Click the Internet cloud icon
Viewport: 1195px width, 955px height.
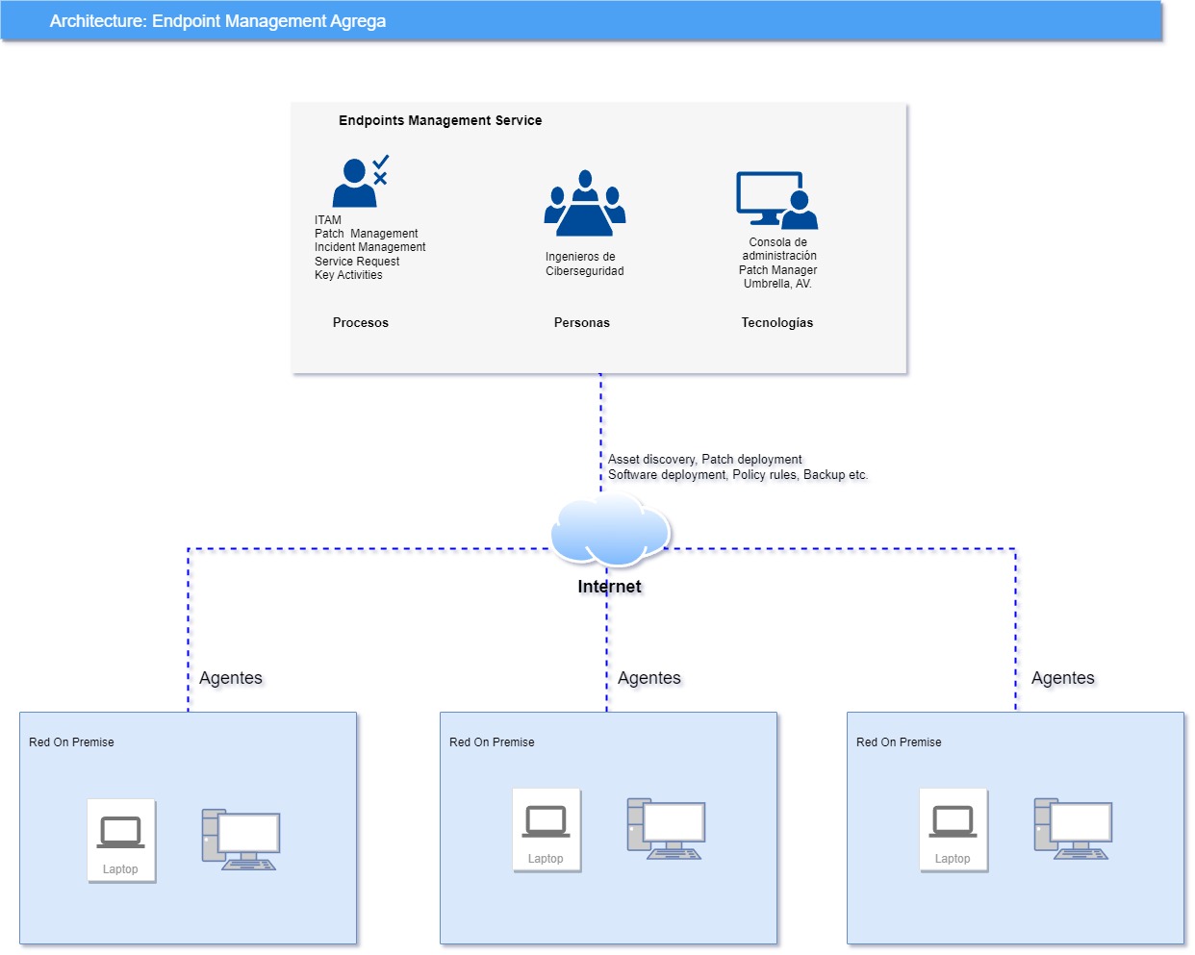pos(610,529)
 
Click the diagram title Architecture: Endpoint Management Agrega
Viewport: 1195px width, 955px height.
pos(217,21)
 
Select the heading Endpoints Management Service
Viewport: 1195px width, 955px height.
pos(440,120)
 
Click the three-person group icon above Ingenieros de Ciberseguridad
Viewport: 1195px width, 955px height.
pos(584,204)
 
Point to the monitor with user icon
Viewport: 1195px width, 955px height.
pos(776,200)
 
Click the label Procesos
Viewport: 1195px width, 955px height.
pos(361,323)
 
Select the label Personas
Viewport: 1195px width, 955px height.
pos(581,323)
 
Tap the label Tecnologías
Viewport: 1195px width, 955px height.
pos(776,323)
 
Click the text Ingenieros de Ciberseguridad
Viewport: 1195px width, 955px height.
pos(584,264)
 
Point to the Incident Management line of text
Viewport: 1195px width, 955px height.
pos(369,247)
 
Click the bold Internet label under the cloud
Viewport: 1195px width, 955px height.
pos(609,587)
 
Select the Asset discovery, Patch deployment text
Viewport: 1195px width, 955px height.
pos(704,460)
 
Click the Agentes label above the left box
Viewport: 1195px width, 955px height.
pos(230,678)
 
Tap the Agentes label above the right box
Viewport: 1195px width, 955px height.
pos(1062,678)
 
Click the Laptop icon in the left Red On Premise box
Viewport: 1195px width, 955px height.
pos(121,840)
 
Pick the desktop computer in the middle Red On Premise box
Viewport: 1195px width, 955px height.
pos(666,828)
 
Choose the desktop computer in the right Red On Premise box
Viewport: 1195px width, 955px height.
pos(1073,828)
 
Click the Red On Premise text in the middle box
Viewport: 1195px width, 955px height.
pos(492,742)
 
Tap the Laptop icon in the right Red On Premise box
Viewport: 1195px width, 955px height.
pos(953,829)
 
